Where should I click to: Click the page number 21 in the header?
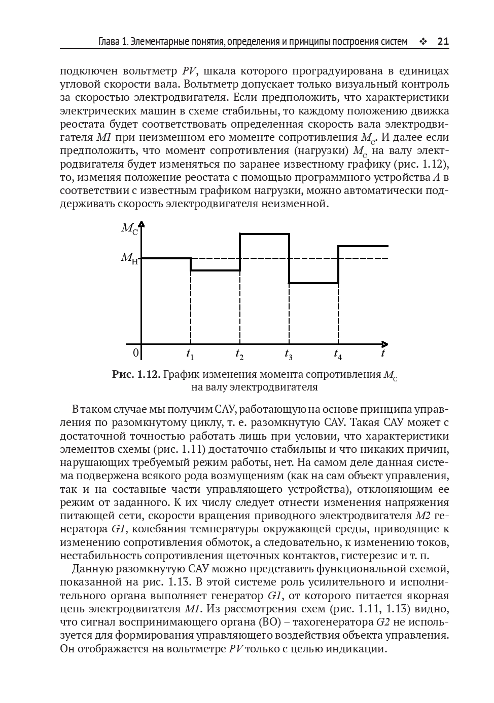443,42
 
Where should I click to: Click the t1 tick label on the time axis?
190,355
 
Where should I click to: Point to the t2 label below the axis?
239,355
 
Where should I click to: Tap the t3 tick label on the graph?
288,355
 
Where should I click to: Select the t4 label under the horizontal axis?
338,355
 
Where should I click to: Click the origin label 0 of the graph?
135,353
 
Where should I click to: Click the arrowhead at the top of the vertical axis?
142,224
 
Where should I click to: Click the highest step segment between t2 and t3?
264,234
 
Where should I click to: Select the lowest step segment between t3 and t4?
313,283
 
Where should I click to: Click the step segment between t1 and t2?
215,270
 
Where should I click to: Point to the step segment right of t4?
363,246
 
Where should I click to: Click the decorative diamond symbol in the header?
423,42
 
